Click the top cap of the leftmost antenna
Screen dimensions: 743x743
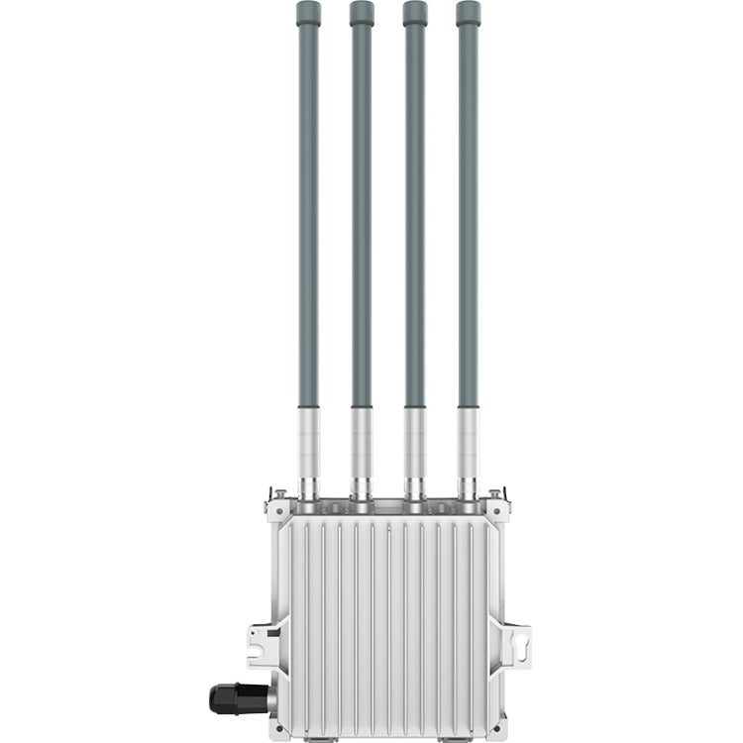309,13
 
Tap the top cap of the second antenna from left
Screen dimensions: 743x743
362,13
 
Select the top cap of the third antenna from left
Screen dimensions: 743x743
415,13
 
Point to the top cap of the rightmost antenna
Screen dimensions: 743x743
469,13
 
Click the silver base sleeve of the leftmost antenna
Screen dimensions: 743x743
309,441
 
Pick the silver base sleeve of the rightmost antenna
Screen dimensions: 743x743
468,441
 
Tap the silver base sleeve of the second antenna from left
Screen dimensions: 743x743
362,441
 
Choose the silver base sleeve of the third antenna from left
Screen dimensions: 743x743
415,441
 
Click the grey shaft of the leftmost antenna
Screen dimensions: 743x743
309,218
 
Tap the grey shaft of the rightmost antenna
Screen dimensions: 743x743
468,218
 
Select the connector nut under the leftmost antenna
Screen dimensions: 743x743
309,488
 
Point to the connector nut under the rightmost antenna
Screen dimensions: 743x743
468,488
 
